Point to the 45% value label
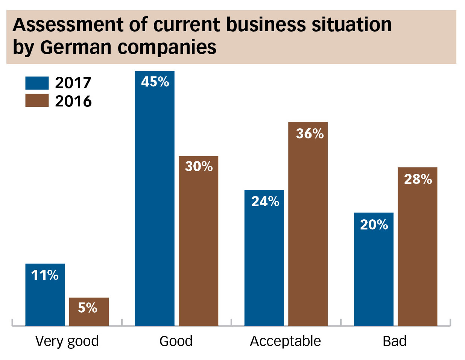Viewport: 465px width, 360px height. (x=155, y=82)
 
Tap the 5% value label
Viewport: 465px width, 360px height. (x=88, y=308)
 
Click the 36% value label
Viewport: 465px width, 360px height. (x=310, y=134)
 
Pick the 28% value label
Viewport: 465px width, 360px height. (x=418, y=179)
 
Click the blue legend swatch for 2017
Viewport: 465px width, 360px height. (x=37, y=83)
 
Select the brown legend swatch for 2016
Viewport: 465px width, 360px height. (x=37, y=100)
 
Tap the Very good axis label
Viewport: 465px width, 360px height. (x=67, y=341)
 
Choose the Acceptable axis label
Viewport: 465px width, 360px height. (x=285, y=341)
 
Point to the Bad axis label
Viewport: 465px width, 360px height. (x=395, y=341)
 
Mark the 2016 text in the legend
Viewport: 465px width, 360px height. (x=73, y=101)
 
